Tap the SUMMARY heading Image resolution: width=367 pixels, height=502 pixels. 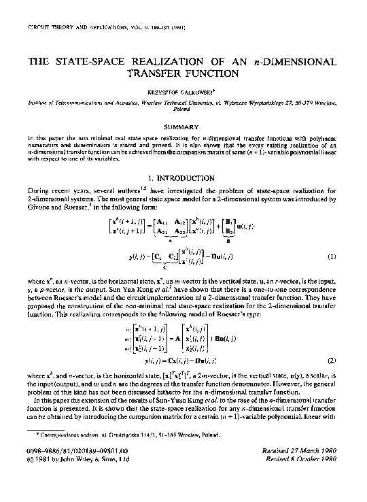coord(181,127)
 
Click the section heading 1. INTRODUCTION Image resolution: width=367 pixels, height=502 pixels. coord(181,178)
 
